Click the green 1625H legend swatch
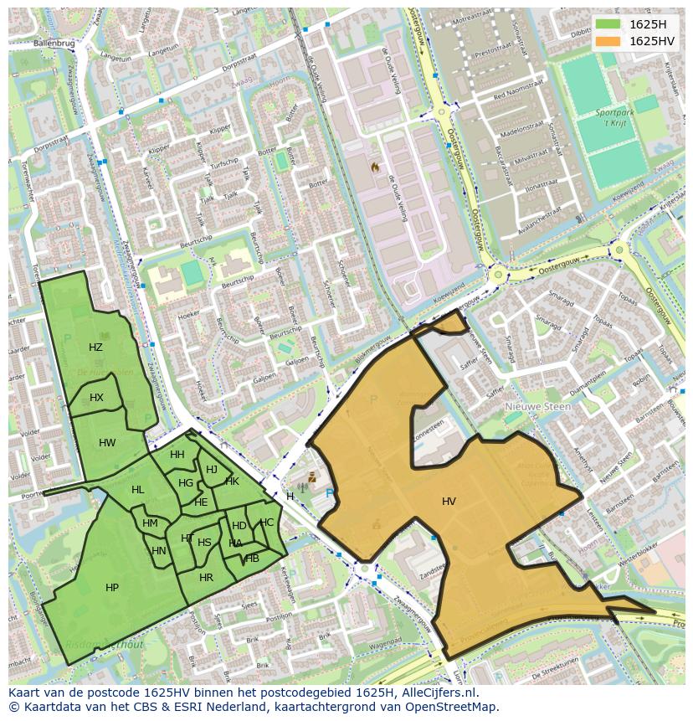tap(608, 24)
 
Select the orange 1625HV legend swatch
tap(608, 41)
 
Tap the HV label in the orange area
tap(449, 502)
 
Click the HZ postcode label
tap(95, 348)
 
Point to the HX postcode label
tap(96, 398)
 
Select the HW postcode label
tap(107, 443)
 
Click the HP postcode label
tap(112, 588)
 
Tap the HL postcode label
tap(137, 490)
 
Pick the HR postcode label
tap(206, 578)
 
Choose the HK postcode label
tap(232, 482)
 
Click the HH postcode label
tap(177, 455)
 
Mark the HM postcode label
tap(150, 523)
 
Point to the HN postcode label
tap(159, 551)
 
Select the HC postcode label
tap(266, 523)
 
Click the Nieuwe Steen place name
tap(537, 407)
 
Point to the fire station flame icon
tap(375, 167)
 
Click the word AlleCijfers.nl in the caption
tap(437, 693)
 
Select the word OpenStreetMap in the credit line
tap(453, 707)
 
